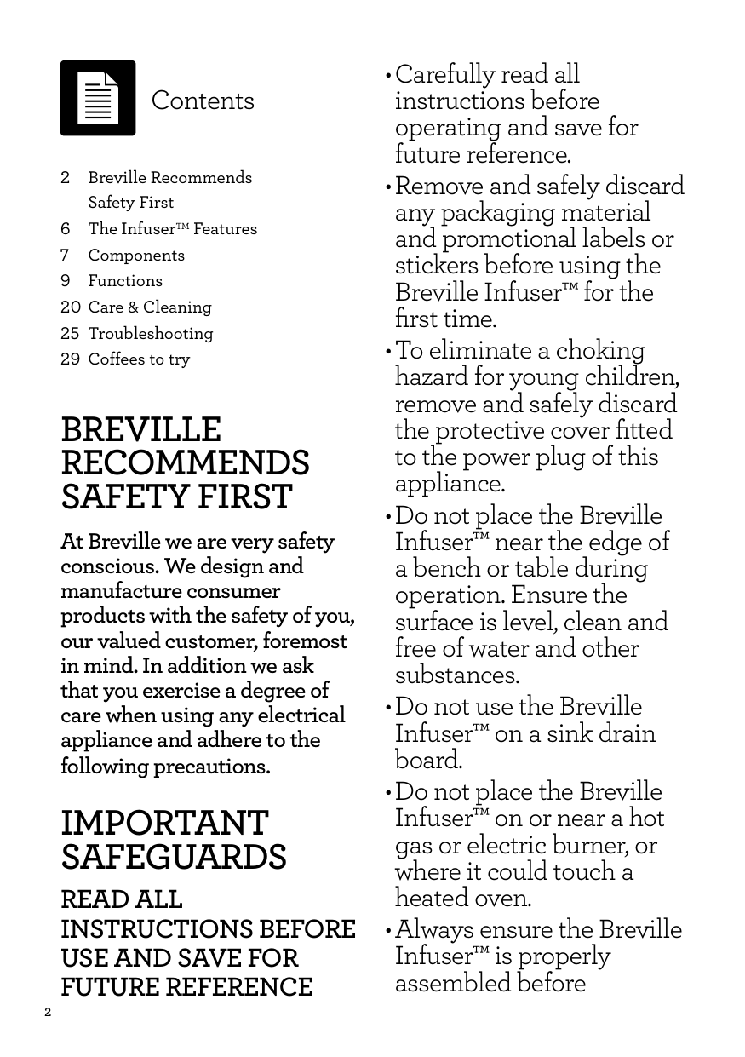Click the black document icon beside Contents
[98, 98]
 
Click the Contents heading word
[203, 101]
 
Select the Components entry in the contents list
[136, 256]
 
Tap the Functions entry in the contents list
[125, 281]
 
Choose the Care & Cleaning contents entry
[150, 307]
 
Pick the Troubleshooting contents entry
[151, 334]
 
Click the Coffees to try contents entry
[140, 359]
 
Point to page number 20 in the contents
[71, 307]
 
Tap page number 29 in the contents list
[71, 359]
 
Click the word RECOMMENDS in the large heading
[186, 463]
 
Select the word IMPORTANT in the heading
[164, 824]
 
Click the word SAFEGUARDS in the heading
[174, 857]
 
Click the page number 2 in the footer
[48, 1013]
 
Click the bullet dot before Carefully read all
[389, 77]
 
